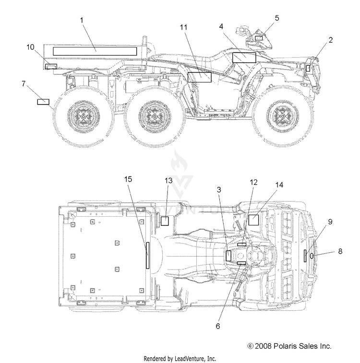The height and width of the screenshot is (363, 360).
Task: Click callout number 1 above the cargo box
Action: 82,20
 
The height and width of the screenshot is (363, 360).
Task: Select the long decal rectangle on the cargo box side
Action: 95,51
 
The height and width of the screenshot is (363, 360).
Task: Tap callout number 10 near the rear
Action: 30,47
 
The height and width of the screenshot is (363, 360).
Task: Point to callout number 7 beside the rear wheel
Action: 24,83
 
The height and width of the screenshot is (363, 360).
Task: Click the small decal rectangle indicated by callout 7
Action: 43,102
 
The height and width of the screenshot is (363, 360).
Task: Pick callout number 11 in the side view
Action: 183,27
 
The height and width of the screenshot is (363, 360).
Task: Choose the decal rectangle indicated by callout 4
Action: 244,58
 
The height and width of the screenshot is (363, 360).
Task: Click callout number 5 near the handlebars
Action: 277,18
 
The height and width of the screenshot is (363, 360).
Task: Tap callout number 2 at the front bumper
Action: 331,40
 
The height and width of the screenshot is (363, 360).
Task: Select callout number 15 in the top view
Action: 128,179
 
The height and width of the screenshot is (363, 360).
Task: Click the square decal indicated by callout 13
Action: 165,221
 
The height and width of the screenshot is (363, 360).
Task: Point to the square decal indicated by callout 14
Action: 253,220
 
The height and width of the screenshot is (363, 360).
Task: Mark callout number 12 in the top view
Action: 253,182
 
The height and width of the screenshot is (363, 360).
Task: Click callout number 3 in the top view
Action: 219,189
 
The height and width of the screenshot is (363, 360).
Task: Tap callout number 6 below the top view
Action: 218,326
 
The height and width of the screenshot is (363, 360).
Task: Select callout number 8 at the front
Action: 340,251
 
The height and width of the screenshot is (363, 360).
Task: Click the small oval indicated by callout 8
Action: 312,256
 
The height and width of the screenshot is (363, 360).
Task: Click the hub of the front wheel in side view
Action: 282,116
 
